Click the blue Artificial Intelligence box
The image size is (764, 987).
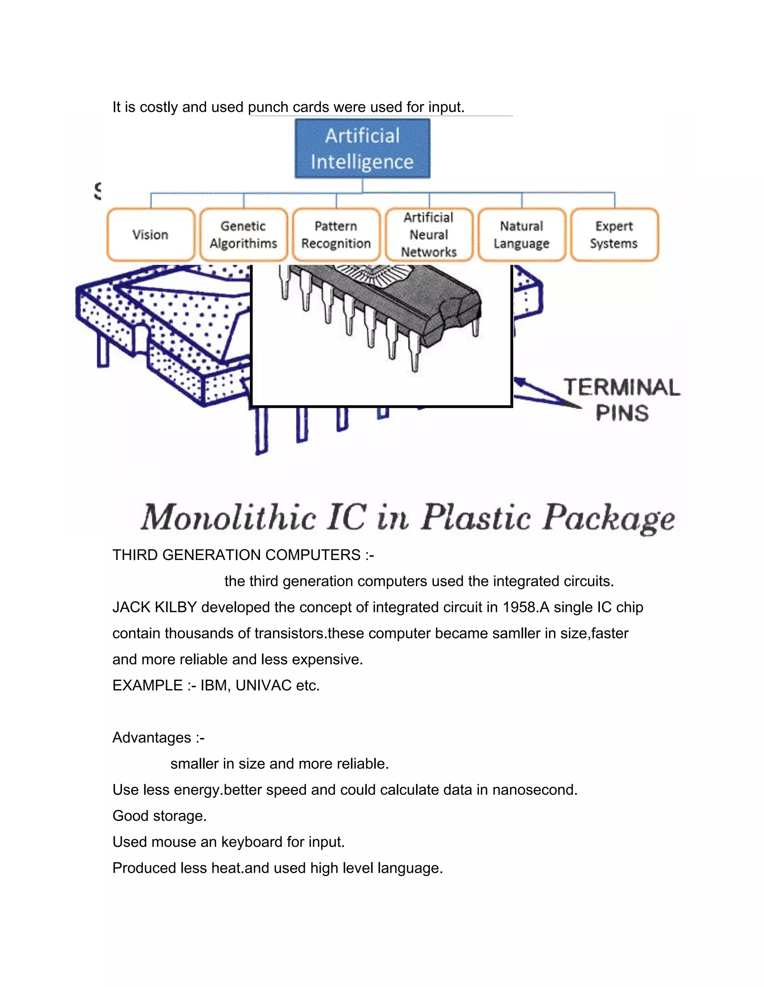(x=362, y=148)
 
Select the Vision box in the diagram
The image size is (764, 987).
(x=151, y=235)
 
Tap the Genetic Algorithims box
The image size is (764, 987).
(x=243, y=235)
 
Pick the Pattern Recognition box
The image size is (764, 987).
(x=336, y=235)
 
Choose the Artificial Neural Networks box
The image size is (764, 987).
(x=429, y=235)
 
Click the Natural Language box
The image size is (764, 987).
(x=522, y=235)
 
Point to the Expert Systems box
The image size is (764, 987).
(x=614, y=235)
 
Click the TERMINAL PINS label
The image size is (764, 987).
(x=621, y=400)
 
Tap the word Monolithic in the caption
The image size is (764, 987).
(x=229, y=518)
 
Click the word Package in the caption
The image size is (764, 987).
(x=609, y=518)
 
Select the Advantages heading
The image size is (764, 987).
(x=152, y=738)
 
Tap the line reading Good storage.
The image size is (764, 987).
(x=160, y=816)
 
